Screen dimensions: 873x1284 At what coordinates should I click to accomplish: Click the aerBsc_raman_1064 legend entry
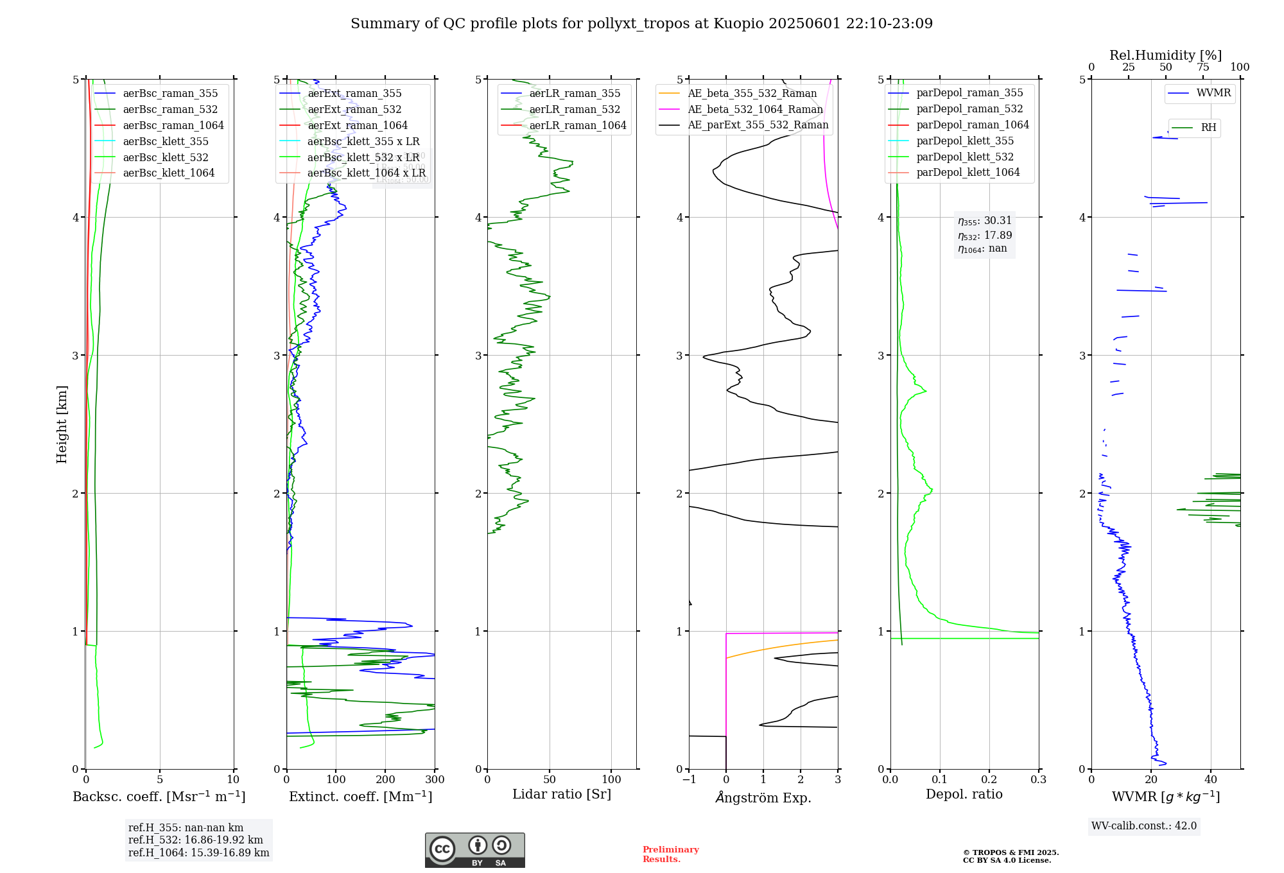(x=173, y=125)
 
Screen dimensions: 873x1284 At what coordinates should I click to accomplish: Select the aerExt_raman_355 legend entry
(x=354, y=93)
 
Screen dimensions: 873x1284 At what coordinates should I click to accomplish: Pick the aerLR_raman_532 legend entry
(x=575, y=109)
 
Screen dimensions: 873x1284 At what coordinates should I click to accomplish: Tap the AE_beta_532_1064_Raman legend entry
(x=755, y=109)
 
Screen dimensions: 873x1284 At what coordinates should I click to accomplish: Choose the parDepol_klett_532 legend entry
(x=965, y=157)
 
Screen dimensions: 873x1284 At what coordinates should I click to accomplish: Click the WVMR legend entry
(x=1213, y=93)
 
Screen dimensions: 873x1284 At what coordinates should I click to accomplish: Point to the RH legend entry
(x=1208, y=128)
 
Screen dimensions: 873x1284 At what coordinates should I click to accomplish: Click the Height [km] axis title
(x=62, y=424)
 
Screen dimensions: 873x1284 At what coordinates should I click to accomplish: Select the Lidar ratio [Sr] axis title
(x=562, y=794)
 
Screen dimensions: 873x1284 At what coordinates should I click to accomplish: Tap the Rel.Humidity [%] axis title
(x=1165, y=55)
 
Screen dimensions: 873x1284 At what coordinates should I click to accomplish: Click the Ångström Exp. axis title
(x=763, y=797)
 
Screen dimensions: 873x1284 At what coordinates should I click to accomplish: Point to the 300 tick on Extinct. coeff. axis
(x=435, y=780)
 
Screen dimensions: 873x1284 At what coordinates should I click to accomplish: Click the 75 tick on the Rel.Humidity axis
(x=1203, y=67)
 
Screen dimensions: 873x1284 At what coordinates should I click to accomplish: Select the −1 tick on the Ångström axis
(x=689, y=780)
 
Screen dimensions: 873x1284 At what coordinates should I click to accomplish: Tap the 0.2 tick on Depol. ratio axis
(x=989, y=780)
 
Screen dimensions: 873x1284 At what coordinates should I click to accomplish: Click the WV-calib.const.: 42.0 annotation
(x=1144, y=825)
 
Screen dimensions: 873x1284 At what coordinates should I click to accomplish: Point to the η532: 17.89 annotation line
(x=985, y=236)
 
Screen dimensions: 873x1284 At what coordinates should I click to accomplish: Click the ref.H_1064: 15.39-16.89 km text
(x=198, y=852)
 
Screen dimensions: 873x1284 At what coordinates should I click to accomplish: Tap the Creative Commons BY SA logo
(x=474, y=850)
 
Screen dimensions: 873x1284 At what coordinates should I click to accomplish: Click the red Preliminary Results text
(x=670, y=854)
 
